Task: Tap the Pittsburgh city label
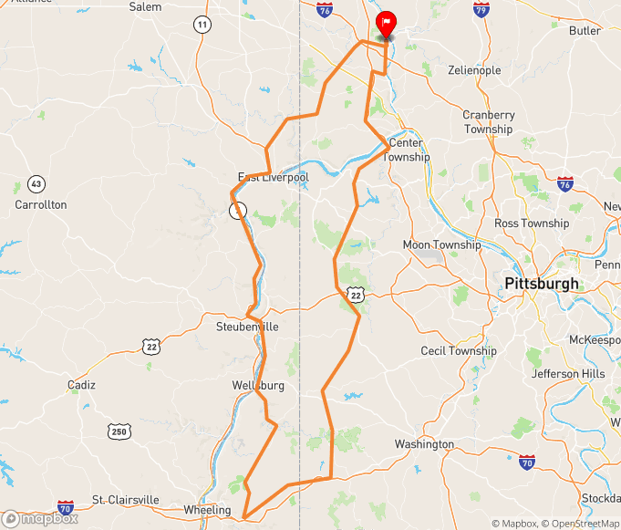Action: coord(541,284)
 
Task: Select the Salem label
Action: coord(145,6)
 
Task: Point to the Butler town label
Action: coord(585,31)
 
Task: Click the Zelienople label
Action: coord(474,70)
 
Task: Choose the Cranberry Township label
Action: coord(489,122)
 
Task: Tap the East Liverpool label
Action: coord(274,177)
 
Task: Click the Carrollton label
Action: coord(41,205)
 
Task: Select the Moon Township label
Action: coord(441,245)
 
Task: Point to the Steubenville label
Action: coord(247,327)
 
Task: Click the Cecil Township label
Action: coord(459,351)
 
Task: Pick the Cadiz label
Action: coord(81,385)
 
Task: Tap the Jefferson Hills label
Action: coord(567,374)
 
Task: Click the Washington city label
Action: coord(424,444)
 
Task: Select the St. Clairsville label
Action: coord(126,501)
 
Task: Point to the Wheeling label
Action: coord(208,510)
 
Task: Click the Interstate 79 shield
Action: coord(481,10)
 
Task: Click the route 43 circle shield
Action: coord(36,184)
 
